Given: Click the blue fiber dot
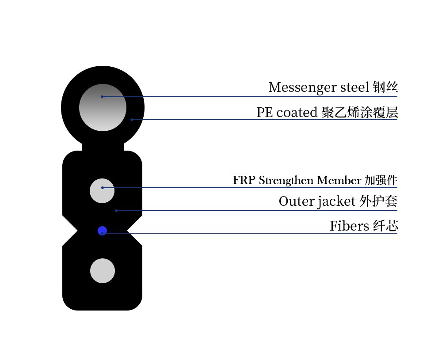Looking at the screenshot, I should click(102, 231).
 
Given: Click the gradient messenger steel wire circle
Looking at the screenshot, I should click(103, 107).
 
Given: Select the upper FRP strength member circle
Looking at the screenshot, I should click(102, 191).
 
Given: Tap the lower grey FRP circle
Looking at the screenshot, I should click(103, 271).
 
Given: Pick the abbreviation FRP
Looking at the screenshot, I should click(244, 181).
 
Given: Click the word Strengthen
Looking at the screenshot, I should click(286, 181).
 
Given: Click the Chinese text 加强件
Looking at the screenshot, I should click(381, 181).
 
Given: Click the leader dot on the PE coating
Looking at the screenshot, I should click(132, 120).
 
